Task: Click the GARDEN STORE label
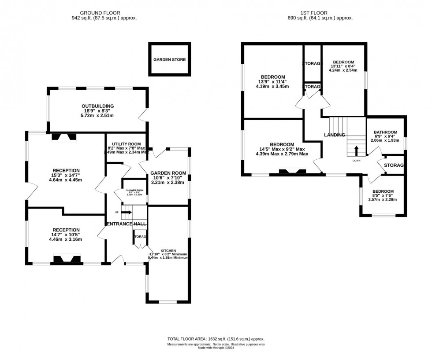click(169, 59)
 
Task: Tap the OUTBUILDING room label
click(97, 106)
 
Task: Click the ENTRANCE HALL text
click(126, 224)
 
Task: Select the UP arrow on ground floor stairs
click(126, 213)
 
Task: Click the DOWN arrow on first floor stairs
click(356, 150)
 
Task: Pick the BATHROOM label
click(385, 132)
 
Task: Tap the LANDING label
click(335, 135)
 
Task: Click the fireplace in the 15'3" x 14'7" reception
click(64, 137)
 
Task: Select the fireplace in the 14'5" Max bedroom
click(292, 172)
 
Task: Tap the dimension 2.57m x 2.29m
click(382, 199)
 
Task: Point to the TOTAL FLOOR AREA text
click(216, 339)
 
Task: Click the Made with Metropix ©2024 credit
click(216, 348)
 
